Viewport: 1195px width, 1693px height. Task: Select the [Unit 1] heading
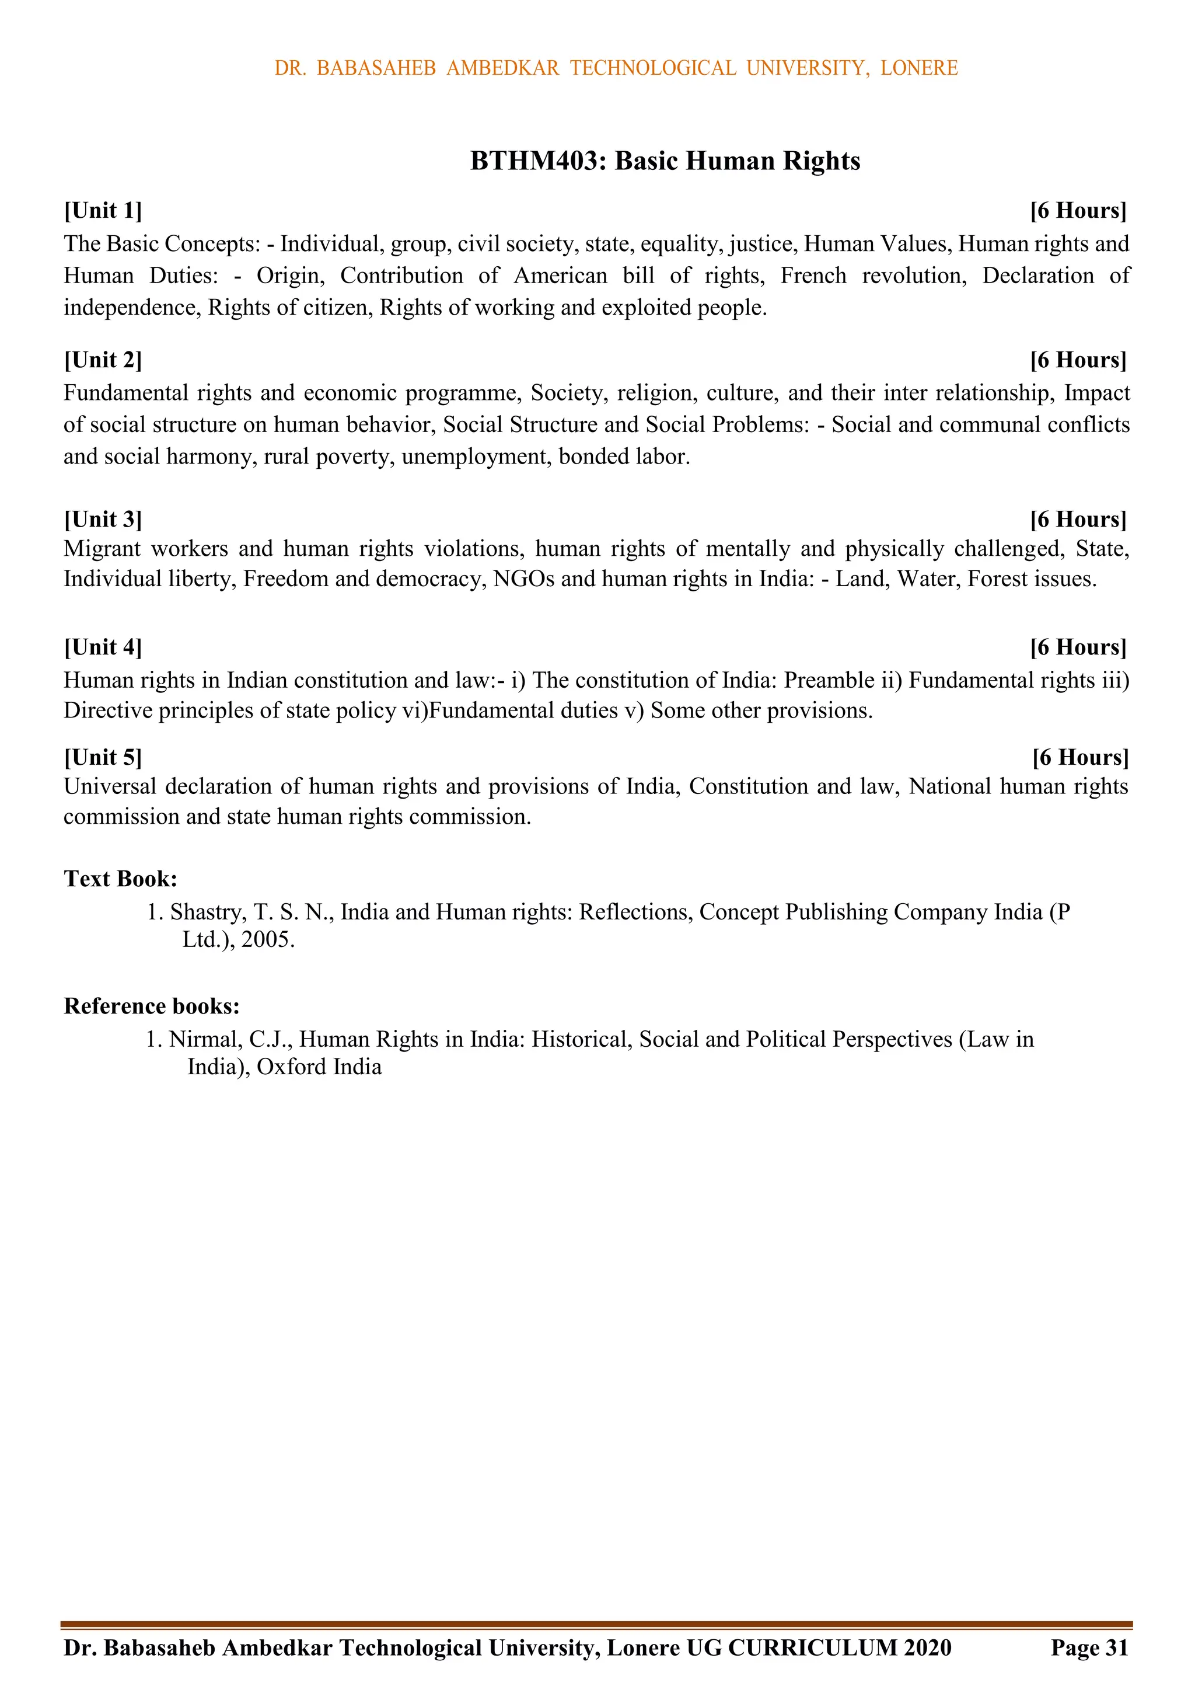[x=103, y=211]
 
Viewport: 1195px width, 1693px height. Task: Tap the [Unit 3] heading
[x=103, y=520]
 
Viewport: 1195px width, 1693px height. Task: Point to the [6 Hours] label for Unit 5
[x=1080, y=757]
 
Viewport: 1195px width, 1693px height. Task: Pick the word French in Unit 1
[x=813, y=276]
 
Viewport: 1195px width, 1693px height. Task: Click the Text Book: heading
[x=120, y=879]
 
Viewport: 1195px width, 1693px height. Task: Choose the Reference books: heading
[x=152, y=1006]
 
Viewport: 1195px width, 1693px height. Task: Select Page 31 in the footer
[x=1089, y=1647]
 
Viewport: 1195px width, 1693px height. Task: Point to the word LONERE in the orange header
[x=918, y=68]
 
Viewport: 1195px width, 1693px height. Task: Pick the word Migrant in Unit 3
[x=102, y=549]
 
